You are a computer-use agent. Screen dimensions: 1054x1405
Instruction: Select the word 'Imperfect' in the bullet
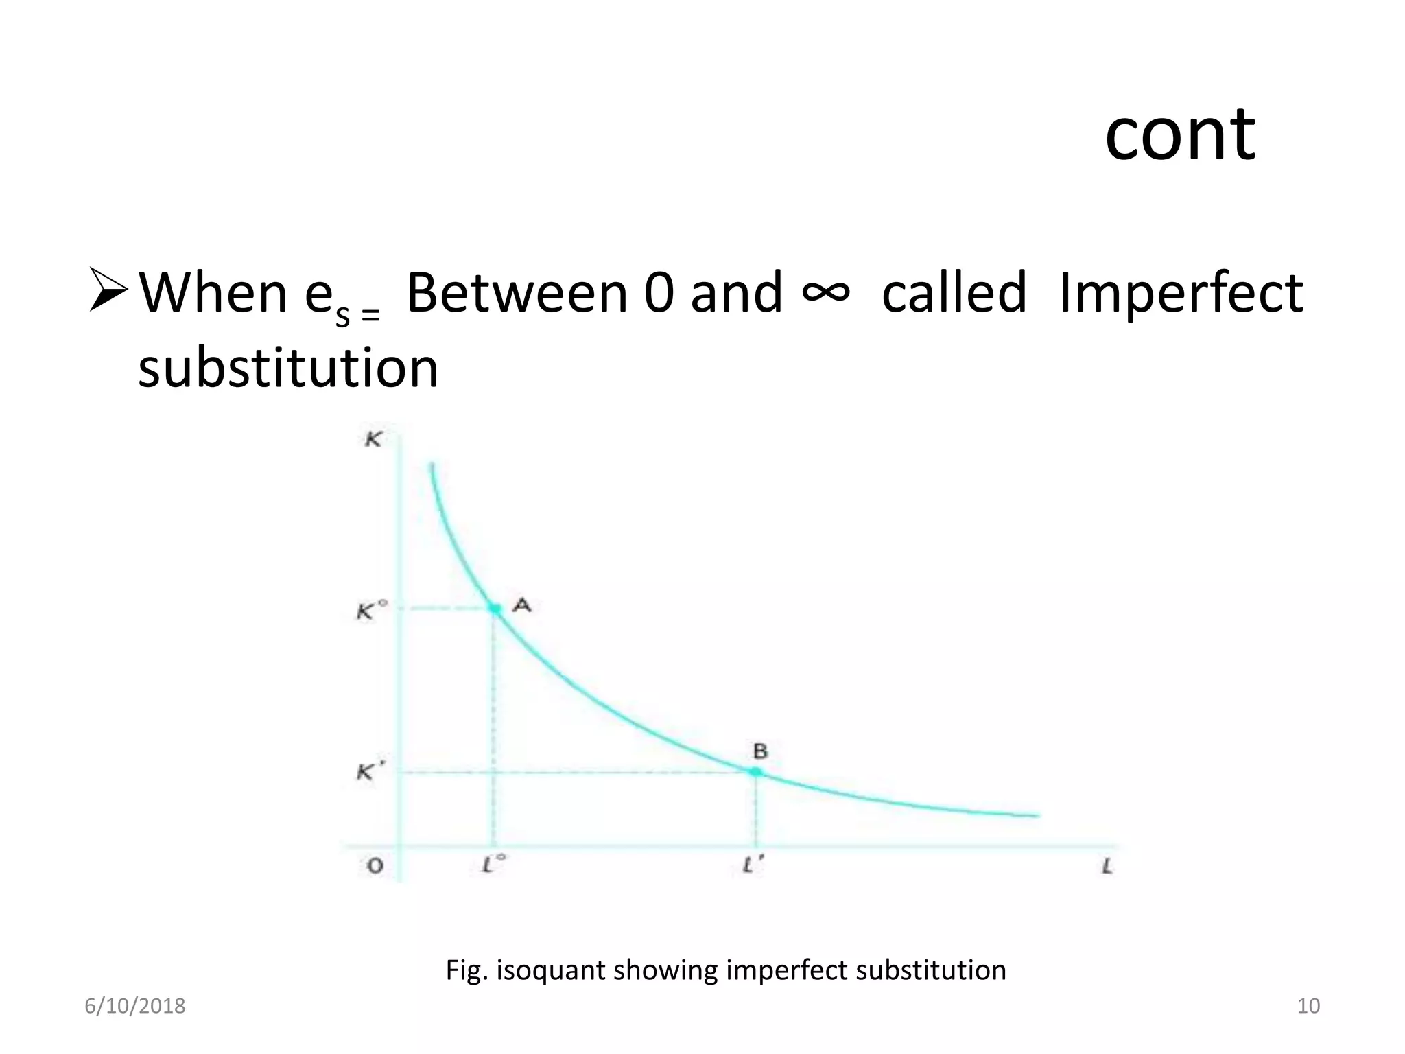(1180, 293)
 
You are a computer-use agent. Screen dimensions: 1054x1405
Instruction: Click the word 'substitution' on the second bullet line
(288, 368)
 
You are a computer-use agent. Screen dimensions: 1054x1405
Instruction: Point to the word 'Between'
(517, 293)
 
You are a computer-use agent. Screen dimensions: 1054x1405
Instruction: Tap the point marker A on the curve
(495, 609)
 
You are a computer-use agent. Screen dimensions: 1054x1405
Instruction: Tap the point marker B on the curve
(755, 772)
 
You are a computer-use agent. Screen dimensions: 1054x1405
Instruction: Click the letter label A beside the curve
(523, 605)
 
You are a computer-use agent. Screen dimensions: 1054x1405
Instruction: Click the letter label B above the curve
(760, 751)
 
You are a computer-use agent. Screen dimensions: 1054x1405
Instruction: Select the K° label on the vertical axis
(371, 611)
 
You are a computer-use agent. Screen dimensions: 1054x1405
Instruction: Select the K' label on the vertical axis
(367, 773)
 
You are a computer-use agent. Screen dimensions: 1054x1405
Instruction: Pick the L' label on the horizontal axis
(753, 866)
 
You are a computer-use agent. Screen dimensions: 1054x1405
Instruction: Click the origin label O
(375, 866)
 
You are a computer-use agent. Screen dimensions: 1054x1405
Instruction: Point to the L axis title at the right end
(1107, 867)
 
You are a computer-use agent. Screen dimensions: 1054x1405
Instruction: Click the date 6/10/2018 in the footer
(135, 1006)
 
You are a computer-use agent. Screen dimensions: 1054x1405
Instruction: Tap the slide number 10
(1308, 1006)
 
